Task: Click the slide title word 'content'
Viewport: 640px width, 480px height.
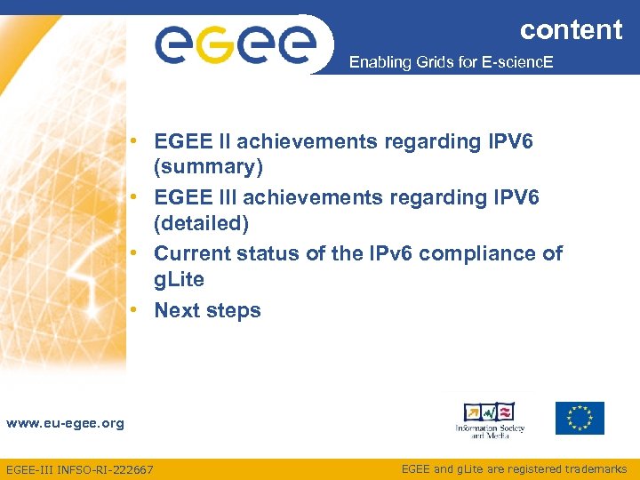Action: tap(571, 29)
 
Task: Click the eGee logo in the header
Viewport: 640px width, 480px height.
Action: tap(236, 44)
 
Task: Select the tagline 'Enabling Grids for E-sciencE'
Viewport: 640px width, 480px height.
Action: tap(451, 63)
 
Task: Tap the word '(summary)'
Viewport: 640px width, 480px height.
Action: tap(204, 167)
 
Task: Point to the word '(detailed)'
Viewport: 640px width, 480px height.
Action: tap(202, 222)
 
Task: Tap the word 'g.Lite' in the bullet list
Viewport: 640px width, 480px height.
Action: tap(180, 279)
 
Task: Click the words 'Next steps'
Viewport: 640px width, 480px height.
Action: tap(208, 310)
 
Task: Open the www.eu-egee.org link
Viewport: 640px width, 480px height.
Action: tap(65, 423)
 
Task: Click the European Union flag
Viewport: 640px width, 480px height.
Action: tap(580, 418)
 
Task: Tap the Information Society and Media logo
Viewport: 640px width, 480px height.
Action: tap(490, 420)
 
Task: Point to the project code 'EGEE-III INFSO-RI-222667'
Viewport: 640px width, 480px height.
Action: tap(79, 469)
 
